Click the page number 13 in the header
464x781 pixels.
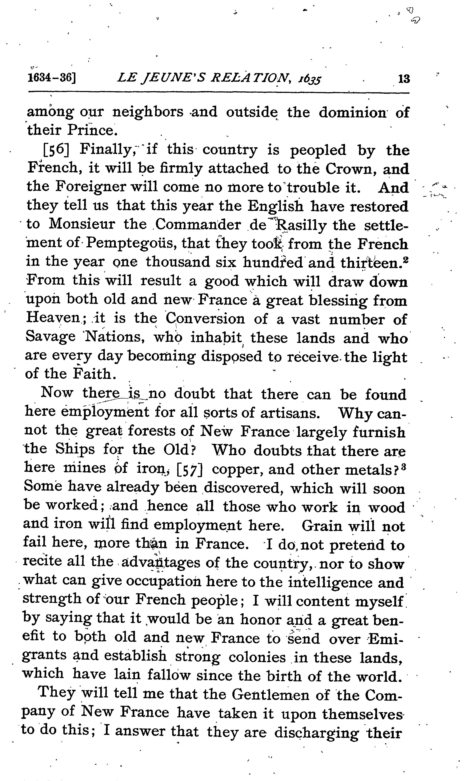[x=404, y=79]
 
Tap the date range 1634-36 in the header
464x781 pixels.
[x=52, y=78]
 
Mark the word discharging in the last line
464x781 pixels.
[x=316, y=733]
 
